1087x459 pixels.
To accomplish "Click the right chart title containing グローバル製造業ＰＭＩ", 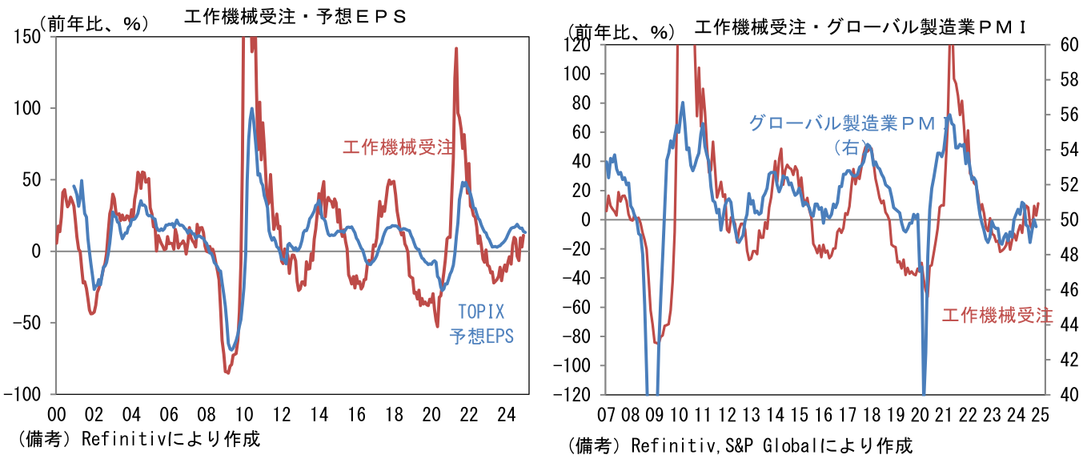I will pos(861,28).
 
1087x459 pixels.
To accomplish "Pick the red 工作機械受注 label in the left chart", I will pos(398,147).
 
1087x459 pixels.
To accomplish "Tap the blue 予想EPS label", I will pos(481,336).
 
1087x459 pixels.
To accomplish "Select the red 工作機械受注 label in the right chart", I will pos(997,316).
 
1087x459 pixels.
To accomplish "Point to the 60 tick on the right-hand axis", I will pos(1061,45).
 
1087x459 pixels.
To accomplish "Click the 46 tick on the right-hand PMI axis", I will pos(1061,289).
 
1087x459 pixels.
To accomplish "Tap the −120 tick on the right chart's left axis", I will pos(580,395).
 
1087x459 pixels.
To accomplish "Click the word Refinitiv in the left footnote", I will pos(117,439).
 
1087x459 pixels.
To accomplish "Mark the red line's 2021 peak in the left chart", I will pos(456,48).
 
